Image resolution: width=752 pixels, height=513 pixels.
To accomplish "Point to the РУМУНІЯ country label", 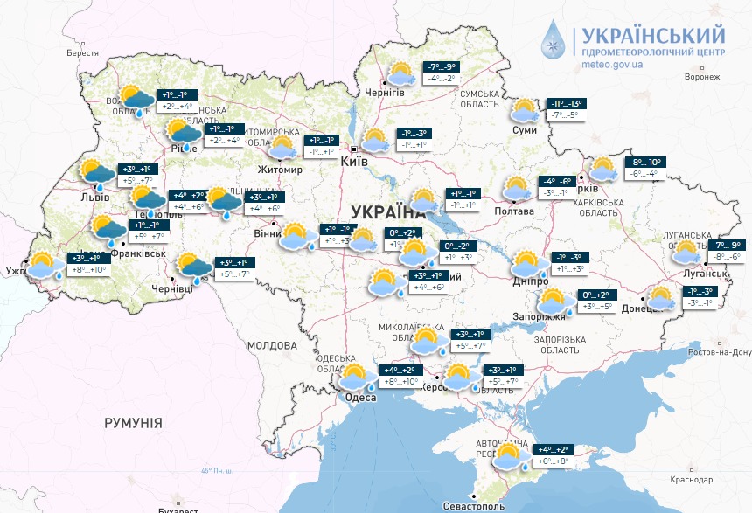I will click(x=133, y=423).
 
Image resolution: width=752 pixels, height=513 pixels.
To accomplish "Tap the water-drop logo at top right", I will click(x=553, y=39).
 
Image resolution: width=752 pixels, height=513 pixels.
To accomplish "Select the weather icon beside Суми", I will click(x=525, y=111).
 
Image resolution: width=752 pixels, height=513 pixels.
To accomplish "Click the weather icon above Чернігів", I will click(x=403, y=74).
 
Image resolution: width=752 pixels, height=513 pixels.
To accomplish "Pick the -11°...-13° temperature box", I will click(x=566, y=103).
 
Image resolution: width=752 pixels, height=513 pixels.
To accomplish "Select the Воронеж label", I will click(x=701, y=77).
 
